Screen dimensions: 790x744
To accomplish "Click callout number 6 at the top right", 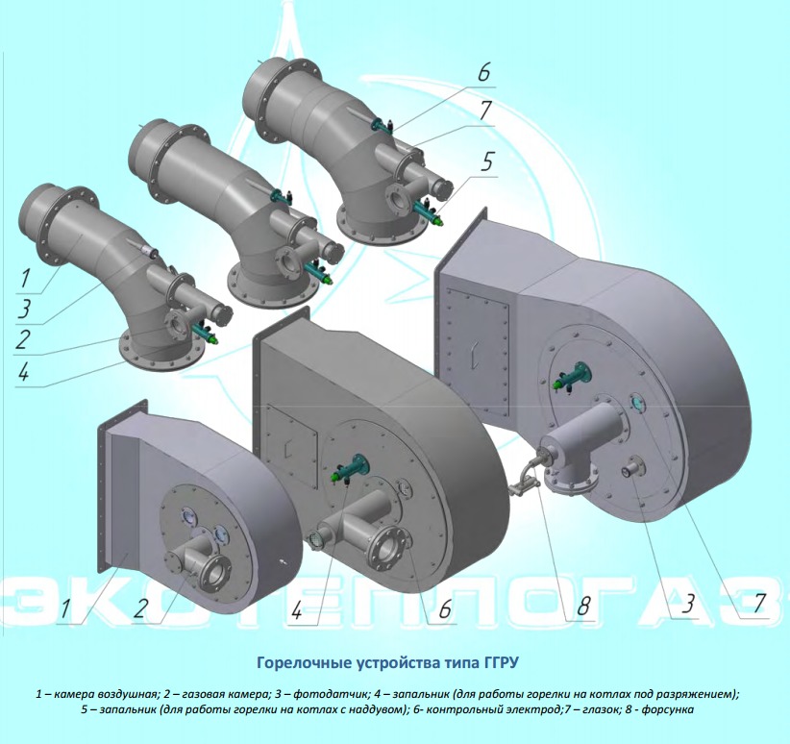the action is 483,73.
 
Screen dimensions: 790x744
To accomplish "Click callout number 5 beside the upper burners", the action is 486,162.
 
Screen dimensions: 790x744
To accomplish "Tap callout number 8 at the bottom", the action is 583,606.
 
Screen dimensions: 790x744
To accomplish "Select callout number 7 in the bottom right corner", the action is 758,603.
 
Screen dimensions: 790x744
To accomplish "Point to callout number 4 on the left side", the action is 23,373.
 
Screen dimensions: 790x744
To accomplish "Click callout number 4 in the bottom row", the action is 296,610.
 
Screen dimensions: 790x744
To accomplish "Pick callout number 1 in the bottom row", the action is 65,608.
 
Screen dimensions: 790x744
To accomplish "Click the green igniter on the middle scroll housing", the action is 349,468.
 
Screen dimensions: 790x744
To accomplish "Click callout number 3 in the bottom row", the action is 688,604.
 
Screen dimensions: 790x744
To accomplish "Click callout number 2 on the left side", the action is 23,339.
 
